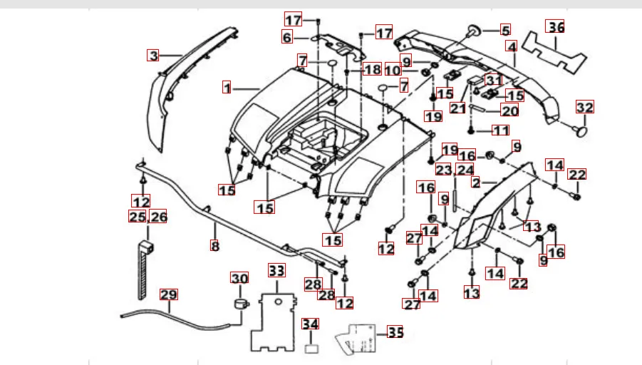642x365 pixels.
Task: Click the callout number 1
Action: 227,88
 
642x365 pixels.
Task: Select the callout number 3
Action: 153,55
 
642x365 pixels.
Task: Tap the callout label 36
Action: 556,27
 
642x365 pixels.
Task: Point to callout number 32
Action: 585,108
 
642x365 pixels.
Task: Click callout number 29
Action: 168,294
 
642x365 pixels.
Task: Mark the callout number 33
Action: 276,271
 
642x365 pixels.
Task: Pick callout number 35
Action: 395,332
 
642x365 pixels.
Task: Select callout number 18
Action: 372,69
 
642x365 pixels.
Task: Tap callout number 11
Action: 501,130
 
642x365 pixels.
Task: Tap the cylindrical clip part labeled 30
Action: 239,304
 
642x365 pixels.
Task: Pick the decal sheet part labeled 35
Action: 360,337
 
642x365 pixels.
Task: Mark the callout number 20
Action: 509,110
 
